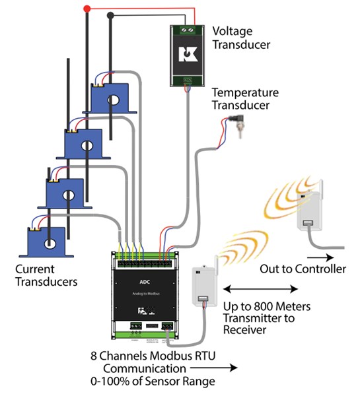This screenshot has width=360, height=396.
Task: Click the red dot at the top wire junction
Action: [x=87, y=9]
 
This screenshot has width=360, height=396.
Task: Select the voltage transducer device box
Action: [x=188, y=55]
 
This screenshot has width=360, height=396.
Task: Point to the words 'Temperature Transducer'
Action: [x=246, y=99]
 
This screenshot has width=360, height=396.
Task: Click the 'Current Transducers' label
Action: [x=48, y=275]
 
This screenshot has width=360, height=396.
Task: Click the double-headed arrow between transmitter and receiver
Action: [x=260, y=289]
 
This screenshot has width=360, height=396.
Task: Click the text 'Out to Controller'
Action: [x=303, y=269]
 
